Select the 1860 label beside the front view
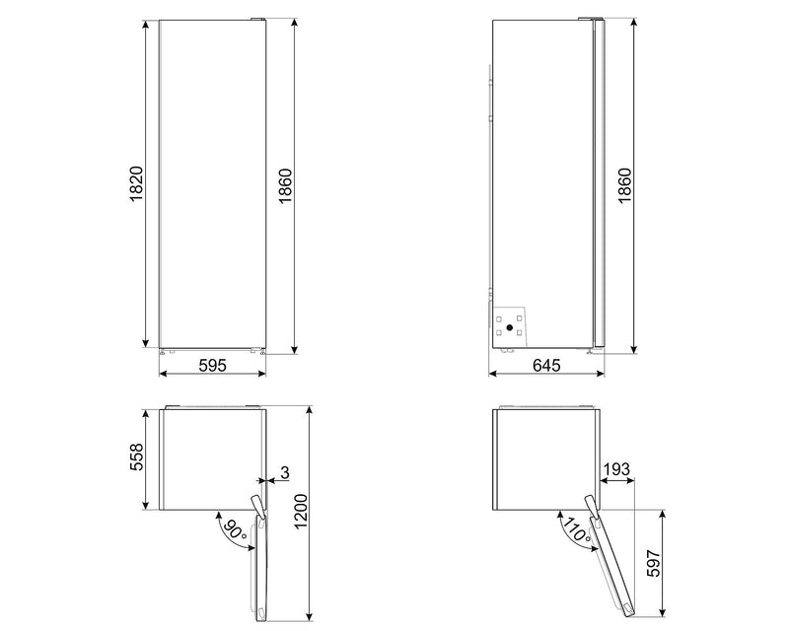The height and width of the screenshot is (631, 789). click(x=284, y=185)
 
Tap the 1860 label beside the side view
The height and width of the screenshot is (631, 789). click(x=623, y=185)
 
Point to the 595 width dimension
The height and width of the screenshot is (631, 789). click(x=213, y=365)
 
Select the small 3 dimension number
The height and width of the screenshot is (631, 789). click(x=284, y=474)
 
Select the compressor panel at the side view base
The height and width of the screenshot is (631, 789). click(x=509, y=324)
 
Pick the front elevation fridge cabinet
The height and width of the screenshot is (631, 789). click(x=213, y=182)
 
